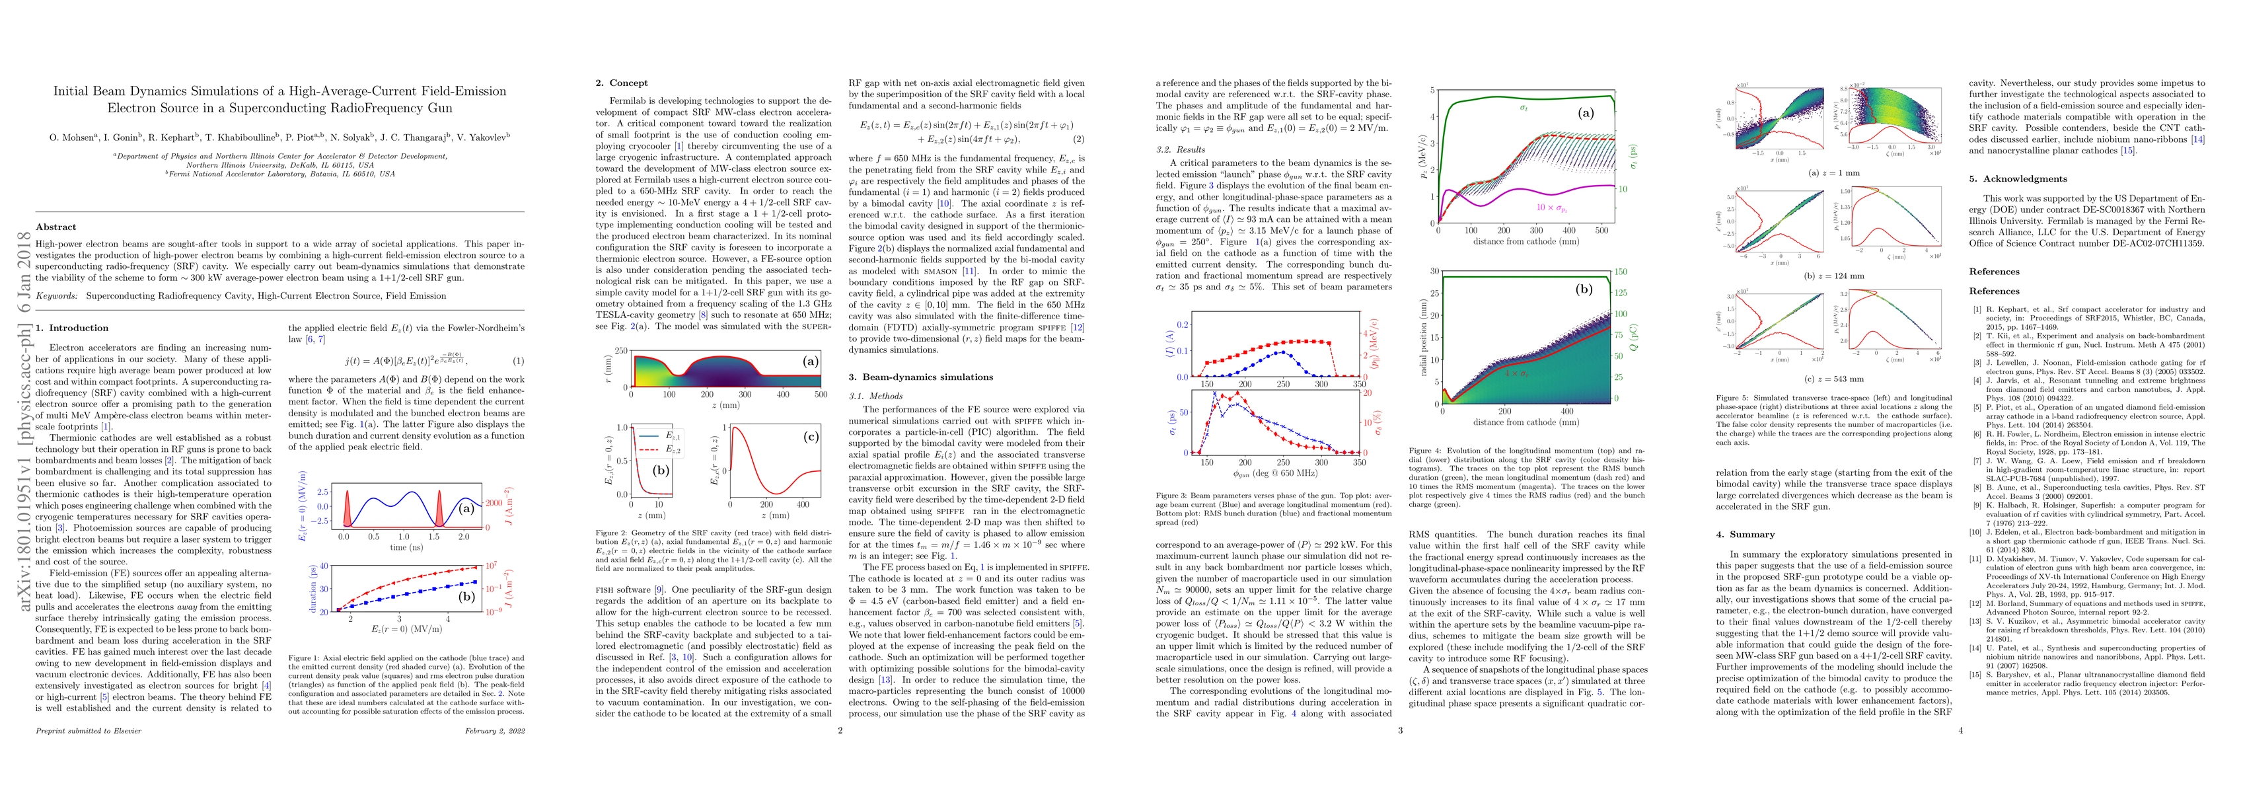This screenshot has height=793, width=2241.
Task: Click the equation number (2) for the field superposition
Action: pyautogui.click(x=1079, y=139)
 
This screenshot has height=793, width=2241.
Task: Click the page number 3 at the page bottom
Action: pyautogui.click(x=1400, y=730)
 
